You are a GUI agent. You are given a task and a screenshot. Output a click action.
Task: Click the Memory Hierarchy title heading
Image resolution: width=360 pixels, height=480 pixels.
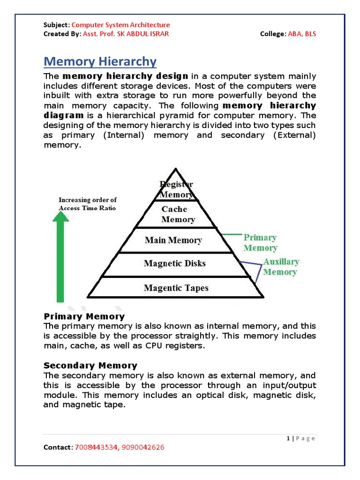(100, 61)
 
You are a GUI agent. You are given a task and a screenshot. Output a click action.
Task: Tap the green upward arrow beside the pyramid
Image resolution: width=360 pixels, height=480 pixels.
(60, 258)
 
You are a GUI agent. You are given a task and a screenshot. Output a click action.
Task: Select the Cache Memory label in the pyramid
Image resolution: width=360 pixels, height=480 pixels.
(178, 214)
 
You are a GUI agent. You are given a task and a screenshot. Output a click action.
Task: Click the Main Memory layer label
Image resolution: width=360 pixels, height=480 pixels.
(173, 240)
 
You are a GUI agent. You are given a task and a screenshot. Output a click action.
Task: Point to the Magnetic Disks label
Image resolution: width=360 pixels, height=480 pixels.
(174, 263)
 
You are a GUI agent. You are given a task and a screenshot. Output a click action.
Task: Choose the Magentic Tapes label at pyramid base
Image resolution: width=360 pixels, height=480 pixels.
(176, 288)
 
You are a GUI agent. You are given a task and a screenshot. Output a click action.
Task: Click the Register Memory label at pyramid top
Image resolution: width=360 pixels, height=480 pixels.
(176, 189)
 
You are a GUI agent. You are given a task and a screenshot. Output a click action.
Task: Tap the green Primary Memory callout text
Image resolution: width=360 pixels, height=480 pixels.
(260, 243)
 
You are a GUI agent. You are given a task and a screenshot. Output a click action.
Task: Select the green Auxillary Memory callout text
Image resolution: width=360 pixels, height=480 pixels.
(280, 267)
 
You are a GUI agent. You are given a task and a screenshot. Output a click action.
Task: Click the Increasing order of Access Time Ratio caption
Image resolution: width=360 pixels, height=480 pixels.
(87, 204)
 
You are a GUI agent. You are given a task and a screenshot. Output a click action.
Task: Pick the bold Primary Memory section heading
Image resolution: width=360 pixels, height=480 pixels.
(84, 316)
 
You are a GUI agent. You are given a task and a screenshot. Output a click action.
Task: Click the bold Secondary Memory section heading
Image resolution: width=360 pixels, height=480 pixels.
(90, 365)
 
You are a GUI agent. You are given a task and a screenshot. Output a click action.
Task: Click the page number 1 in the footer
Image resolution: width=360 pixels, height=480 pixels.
(287, 438)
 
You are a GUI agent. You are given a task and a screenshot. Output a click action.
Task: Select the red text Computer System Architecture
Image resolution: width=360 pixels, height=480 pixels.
(120, 25)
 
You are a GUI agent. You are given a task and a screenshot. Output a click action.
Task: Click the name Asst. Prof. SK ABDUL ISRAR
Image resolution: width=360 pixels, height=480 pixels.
(126, 34)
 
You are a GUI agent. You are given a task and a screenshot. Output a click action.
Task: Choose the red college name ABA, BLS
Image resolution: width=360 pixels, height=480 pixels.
(304, 34)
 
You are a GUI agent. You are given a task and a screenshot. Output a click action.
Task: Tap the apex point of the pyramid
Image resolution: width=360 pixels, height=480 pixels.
(175, 169)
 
